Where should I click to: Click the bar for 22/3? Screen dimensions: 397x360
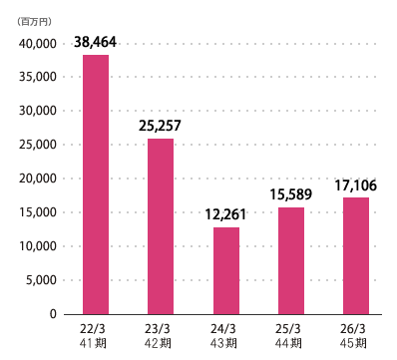point(96,184)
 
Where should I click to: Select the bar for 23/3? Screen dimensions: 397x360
point(161,226)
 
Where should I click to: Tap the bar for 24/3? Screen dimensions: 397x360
point(226,271)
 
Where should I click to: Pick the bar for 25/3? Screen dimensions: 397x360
point(291,261)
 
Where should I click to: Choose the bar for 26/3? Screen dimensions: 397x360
point(356,256)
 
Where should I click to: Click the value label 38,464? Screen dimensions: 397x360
point(95,42)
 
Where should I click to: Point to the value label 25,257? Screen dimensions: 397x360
point(160,126)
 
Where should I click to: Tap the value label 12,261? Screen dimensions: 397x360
point(225,214)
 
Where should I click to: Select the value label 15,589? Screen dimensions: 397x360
point(291,194)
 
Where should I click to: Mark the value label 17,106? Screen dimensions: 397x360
point(356,185)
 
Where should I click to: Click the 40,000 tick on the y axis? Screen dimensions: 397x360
point(38,44)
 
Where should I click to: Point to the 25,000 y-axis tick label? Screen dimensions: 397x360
point(38,145)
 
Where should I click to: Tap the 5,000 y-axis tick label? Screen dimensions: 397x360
point(42,280)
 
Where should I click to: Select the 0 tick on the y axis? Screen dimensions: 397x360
point(53,314)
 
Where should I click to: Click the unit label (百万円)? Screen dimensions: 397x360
point(35,22)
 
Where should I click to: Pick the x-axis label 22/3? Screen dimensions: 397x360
point(93,329)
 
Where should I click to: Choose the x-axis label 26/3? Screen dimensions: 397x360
point(353,329)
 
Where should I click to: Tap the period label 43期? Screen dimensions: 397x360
point(223,343)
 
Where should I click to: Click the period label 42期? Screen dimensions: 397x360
point(158,343)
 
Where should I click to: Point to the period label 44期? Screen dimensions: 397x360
point(288,343)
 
